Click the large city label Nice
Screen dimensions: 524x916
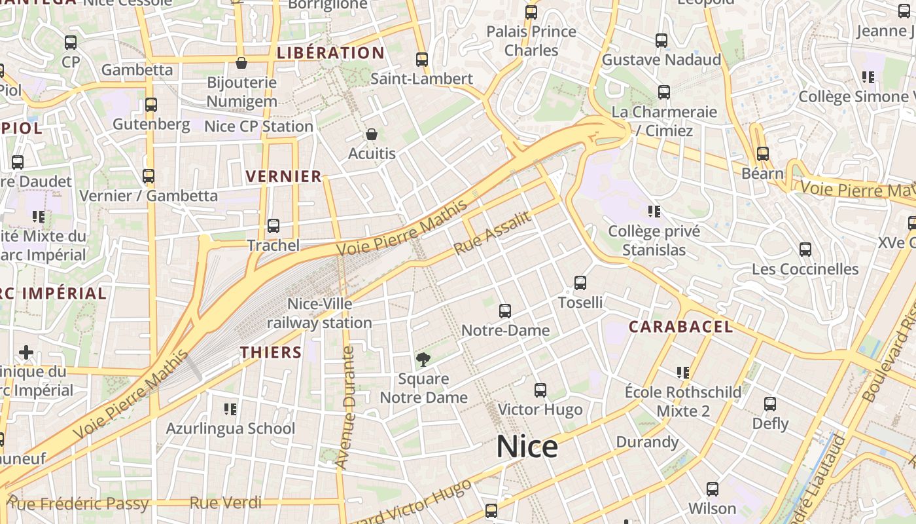tap(527, 447)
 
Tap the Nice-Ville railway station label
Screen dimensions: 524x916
tap(320, 313)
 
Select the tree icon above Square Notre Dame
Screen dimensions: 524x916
tap(423, 359)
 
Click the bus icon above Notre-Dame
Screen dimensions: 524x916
tap(505, 311)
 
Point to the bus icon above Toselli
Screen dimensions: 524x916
tap(580, 283)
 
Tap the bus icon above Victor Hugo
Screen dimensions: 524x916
tap(540, 390)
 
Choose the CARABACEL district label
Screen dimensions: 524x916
tap(680, 327)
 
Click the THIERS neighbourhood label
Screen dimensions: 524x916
tap(271, 352)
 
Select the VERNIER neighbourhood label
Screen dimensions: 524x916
tap(284, 176)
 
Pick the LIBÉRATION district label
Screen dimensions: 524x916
tap(330, 53)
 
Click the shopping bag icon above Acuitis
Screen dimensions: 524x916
tap(372, 135)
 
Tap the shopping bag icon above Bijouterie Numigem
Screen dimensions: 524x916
tap(241, 64)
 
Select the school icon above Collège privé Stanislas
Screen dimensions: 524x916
tap(654, 212)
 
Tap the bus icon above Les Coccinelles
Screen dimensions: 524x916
tap(805, 250)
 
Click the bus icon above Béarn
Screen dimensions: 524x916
tap(763, 154)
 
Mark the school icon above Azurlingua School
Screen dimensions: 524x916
tap(230, 409)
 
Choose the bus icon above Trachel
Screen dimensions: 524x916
tap(273, 226)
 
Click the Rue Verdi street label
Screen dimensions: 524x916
tap(225, 503)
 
